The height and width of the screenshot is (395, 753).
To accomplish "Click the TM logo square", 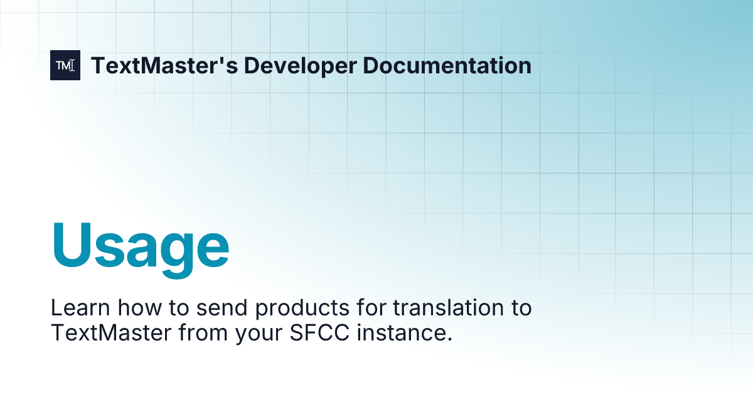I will [x=65, y=65].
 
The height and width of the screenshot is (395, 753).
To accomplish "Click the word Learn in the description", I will [x=78, y=308].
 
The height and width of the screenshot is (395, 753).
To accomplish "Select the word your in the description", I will [x=257, y=333].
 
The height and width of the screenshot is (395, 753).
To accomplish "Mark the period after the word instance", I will [x=449, y=338].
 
